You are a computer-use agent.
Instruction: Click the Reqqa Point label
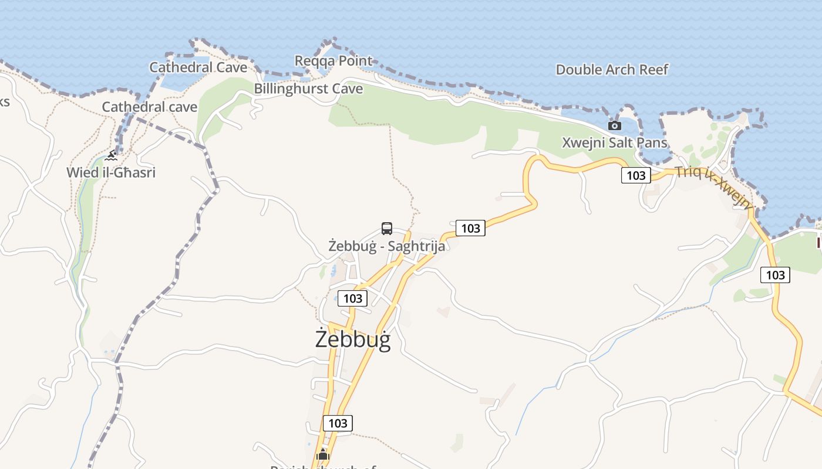pos(333,61)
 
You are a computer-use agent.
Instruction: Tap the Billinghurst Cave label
pos(308,89)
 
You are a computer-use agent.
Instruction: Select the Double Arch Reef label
pos(612,70)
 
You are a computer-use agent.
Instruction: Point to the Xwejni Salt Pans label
pos(615,142)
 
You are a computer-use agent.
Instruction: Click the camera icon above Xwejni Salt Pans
pos(615,125)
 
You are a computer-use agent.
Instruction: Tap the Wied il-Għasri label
pos(111,173)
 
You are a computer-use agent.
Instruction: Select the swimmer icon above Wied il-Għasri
pos(111,156)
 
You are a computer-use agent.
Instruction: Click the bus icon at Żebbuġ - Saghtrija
pos(386,229)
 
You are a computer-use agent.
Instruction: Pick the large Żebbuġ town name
pos(353,339)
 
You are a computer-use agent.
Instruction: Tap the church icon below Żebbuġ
pos(322,454)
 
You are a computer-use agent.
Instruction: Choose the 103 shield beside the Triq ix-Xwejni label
pos(636,175)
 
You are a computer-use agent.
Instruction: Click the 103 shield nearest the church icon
pos(338,423)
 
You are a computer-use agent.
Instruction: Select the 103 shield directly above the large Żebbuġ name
pos(353,298)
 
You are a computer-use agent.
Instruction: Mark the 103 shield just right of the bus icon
pos(471,228)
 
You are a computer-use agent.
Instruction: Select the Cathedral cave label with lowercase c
pos(150,107)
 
